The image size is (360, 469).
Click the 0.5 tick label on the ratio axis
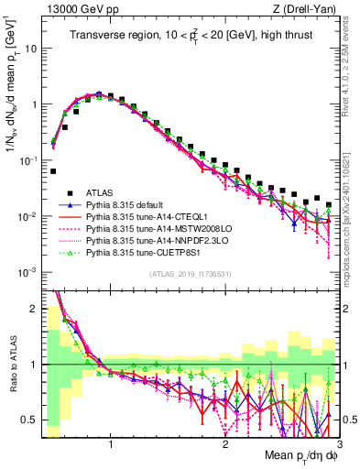(x=30, y=420)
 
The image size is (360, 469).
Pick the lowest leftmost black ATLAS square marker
(x=53, y=171)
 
